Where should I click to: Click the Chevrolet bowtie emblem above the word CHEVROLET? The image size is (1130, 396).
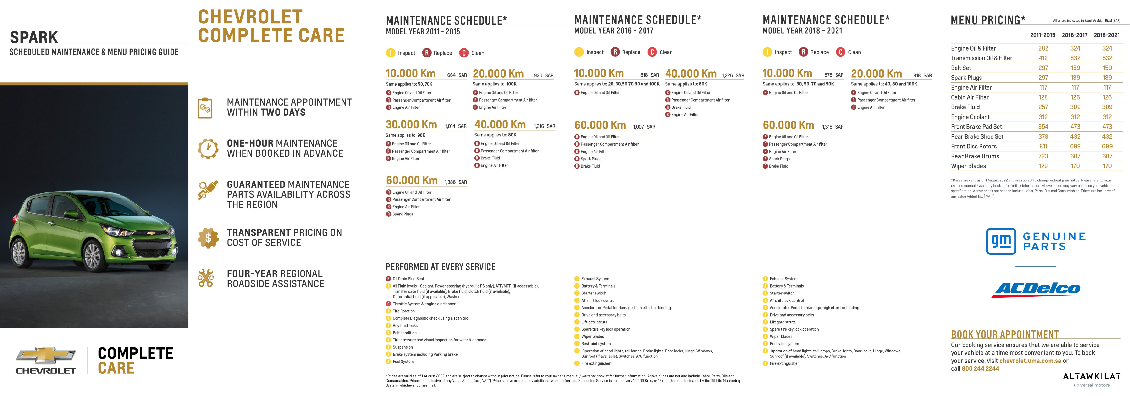coord(46,355)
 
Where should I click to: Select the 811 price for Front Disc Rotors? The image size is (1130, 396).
coord(1043,147)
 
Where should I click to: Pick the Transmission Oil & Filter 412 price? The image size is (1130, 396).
coord(1043,58)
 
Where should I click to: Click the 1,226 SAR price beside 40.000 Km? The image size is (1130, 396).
coord(733,75)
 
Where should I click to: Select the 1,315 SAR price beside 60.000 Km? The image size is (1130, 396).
coord(832,127)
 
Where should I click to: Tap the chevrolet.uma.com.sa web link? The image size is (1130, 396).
coord(1030,361)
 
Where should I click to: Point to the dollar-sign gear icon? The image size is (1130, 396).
coord(208,238)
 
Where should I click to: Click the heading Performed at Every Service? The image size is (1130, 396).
coord(440,267)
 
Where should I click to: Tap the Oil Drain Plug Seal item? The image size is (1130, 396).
coord(408,279)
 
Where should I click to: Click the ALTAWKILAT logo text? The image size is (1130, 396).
coord(1091,376)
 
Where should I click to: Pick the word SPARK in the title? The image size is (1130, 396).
coord(34,37)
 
